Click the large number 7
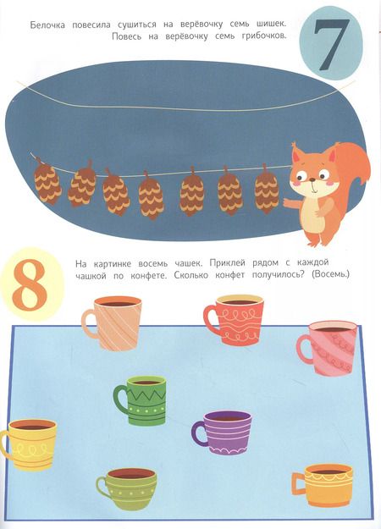point(331,44)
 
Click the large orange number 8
point(30,284)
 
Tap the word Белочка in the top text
point(47,25)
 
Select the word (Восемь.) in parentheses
point(331,274)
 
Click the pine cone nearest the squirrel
point(267,190)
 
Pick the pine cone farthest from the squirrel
point(47,181)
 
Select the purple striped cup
point(223,433)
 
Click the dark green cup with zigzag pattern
point(141,400)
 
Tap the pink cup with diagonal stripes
point(328,349)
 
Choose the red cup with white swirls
point(235,320)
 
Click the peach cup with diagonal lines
point(112,323)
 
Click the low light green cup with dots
point(126,488)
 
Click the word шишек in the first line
point(268,25)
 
